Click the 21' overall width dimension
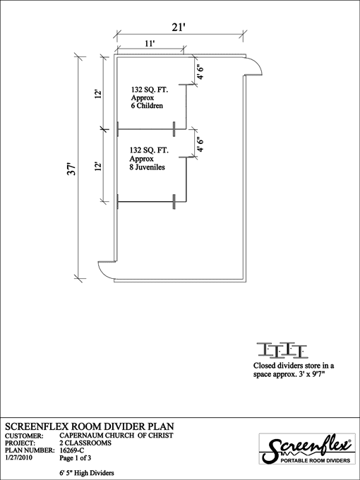[179, 27]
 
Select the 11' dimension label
[150, 44]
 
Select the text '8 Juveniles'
[147, 167]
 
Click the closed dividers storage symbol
[282, 350]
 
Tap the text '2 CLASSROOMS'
[85, 443]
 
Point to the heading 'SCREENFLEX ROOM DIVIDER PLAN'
[90, 426]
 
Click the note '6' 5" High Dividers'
[87, 473]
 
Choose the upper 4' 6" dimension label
[200, 71]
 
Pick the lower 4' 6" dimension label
[200, 144]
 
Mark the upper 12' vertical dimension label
[98, 94]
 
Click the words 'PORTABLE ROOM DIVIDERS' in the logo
[316, 460]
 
